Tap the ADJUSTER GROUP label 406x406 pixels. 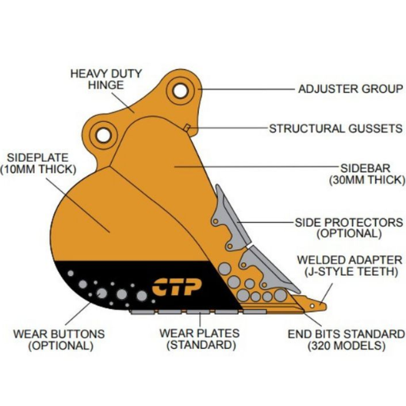(x=349, y=89)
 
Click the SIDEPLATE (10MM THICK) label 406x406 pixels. (x=36, y=163)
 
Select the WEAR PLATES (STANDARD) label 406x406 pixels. (x=201, y=339)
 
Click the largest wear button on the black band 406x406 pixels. (x=123, y=294)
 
